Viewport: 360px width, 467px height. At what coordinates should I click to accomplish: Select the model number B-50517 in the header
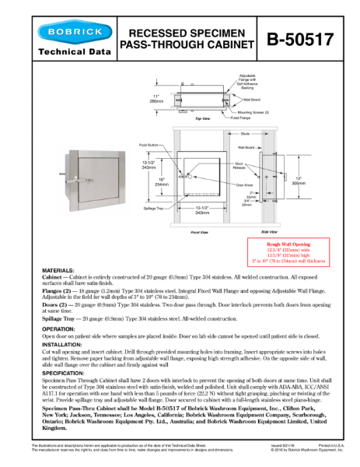(x=299, y=40)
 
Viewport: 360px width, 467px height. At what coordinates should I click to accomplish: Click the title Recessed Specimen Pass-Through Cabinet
(x=186, y=40)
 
